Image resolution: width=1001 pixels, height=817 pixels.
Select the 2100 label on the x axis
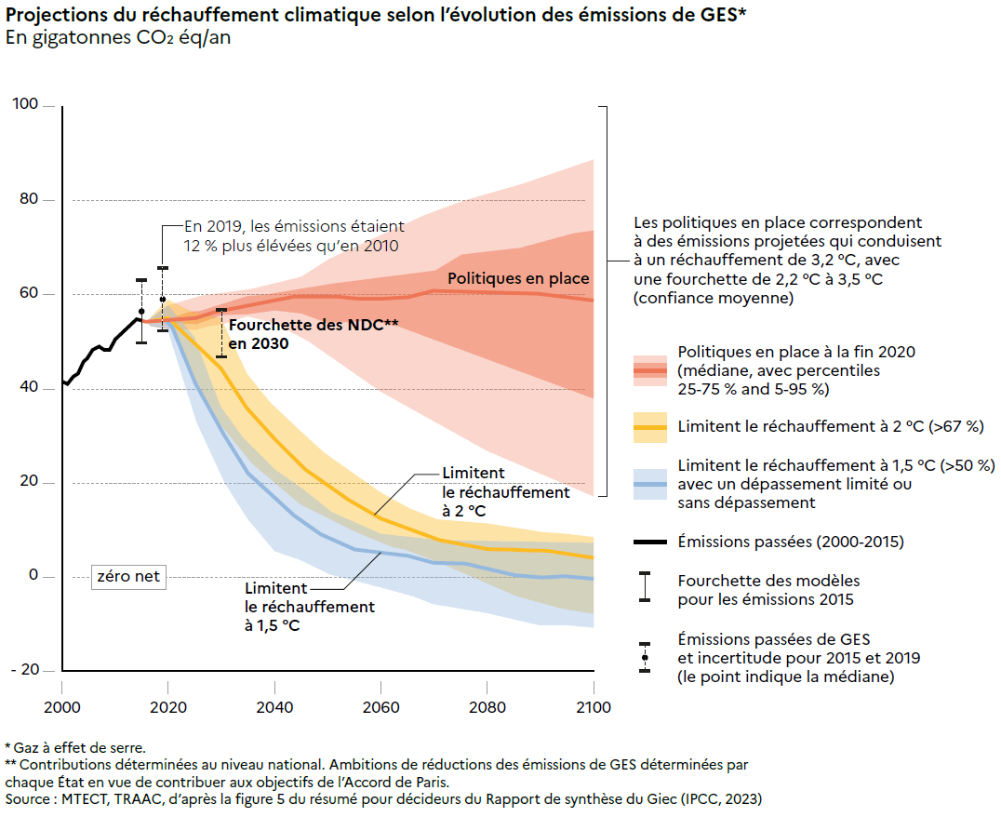click(x=594, y=708)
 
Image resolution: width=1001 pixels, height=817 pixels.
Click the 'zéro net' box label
click(x=128, y=577)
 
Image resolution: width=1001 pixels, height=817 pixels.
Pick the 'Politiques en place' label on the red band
click(x=518, y=278)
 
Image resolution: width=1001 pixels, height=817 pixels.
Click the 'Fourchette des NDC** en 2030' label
click(x=313, y=334)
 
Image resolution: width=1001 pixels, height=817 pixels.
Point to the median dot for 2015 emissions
click(x=141, y=312)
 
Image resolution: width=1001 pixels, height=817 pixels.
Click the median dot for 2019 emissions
click(x=163, y=300)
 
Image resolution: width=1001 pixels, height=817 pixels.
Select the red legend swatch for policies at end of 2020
click(x=649, y=370)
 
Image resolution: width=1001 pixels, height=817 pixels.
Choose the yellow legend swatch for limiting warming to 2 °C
click(x=649, y=427)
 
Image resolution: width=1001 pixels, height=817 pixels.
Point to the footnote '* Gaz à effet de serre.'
click(x=75, y=747)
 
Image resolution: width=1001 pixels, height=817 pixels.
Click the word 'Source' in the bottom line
click(x=28, y=798)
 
